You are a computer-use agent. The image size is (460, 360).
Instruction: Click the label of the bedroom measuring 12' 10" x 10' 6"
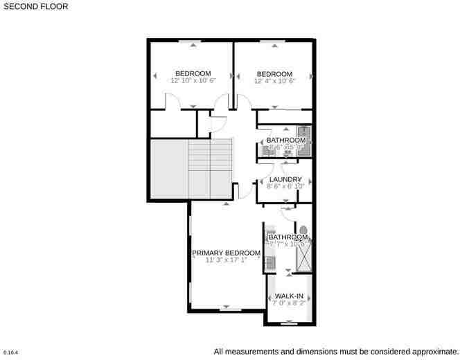[193, 74]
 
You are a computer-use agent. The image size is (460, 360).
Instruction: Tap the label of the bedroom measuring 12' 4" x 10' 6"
[274, 74]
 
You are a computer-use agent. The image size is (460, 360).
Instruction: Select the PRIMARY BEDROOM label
[226, 253]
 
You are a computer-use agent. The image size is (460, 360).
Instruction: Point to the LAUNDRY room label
[285, 179]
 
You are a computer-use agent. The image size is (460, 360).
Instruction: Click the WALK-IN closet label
[289, 296]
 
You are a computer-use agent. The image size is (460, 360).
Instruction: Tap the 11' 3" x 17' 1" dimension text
[226, 261]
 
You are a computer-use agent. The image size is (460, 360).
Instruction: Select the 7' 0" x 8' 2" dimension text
[289, 303]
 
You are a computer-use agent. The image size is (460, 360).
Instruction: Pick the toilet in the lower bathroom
[303, 230]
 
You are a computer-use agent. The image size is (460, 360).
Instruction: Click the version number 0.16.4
[10, 352]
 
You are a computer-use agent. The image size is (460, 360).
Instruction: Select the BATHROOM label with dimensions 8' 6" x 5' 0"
[286, 141]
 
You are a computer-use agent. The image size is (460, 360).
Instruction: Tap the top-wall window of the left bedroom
[191, 43]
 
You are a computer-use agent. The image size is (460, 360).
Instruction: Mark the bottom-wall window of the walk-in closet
[289, 323]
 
